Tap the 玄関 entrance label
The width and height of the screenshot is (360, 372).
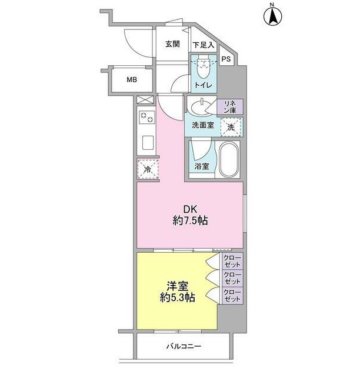point(172,43)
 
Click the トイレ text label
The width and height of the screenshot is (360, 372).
point(204,85)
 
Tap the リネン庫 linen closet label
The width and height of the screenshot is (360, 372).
point(229,108)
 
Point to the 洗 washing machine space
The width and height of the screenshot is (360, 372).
point(231,126)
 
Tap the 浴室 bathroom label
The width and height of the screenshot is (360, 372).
point(202,166)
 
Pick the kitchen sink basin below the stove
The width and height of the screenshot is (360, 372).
point(147,143)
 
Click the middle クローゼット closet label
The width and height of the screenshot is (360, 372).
point(232,278)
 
